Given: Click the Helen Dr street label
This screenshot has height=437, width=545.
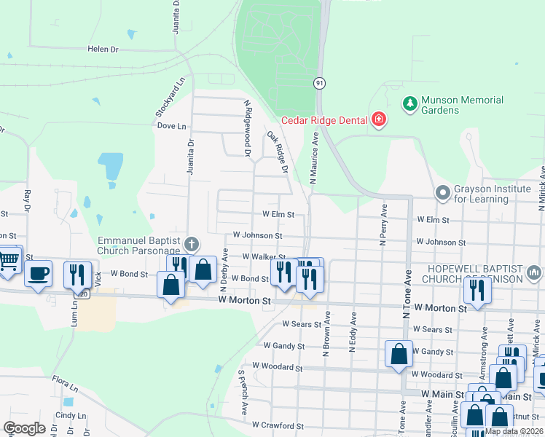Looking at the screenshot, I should pos(103,49).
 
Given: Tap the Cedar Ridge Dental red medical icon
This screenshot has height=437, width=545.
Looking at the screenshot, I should pos(378,119).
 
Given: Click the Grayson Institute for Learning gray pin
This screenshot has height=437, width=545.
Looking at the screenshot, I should pos(442,193).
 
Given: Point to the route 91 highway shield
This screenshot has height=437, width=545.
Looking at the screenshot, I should pos(320,84).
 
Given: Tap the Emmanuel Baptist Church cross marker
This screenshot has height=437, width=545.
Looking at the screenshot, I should pos(192,243).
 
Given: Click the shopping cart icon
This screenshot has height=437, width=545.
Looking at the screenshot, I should pos(9,260).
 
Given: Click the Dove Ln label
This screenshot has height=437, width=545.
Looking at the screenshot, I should pos(172,125).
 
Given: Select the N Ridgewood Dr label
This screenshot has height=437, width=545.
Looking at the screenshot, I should pos(248,128).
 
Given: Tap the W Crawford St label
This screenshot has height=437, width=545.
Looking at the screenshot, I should pos(276,424).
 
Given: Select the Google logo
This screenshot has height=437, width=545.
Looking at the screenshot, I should pos(24,428).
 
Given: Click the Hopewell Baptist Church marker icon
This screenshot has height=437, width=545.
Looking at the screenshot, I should pos(534,273).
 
